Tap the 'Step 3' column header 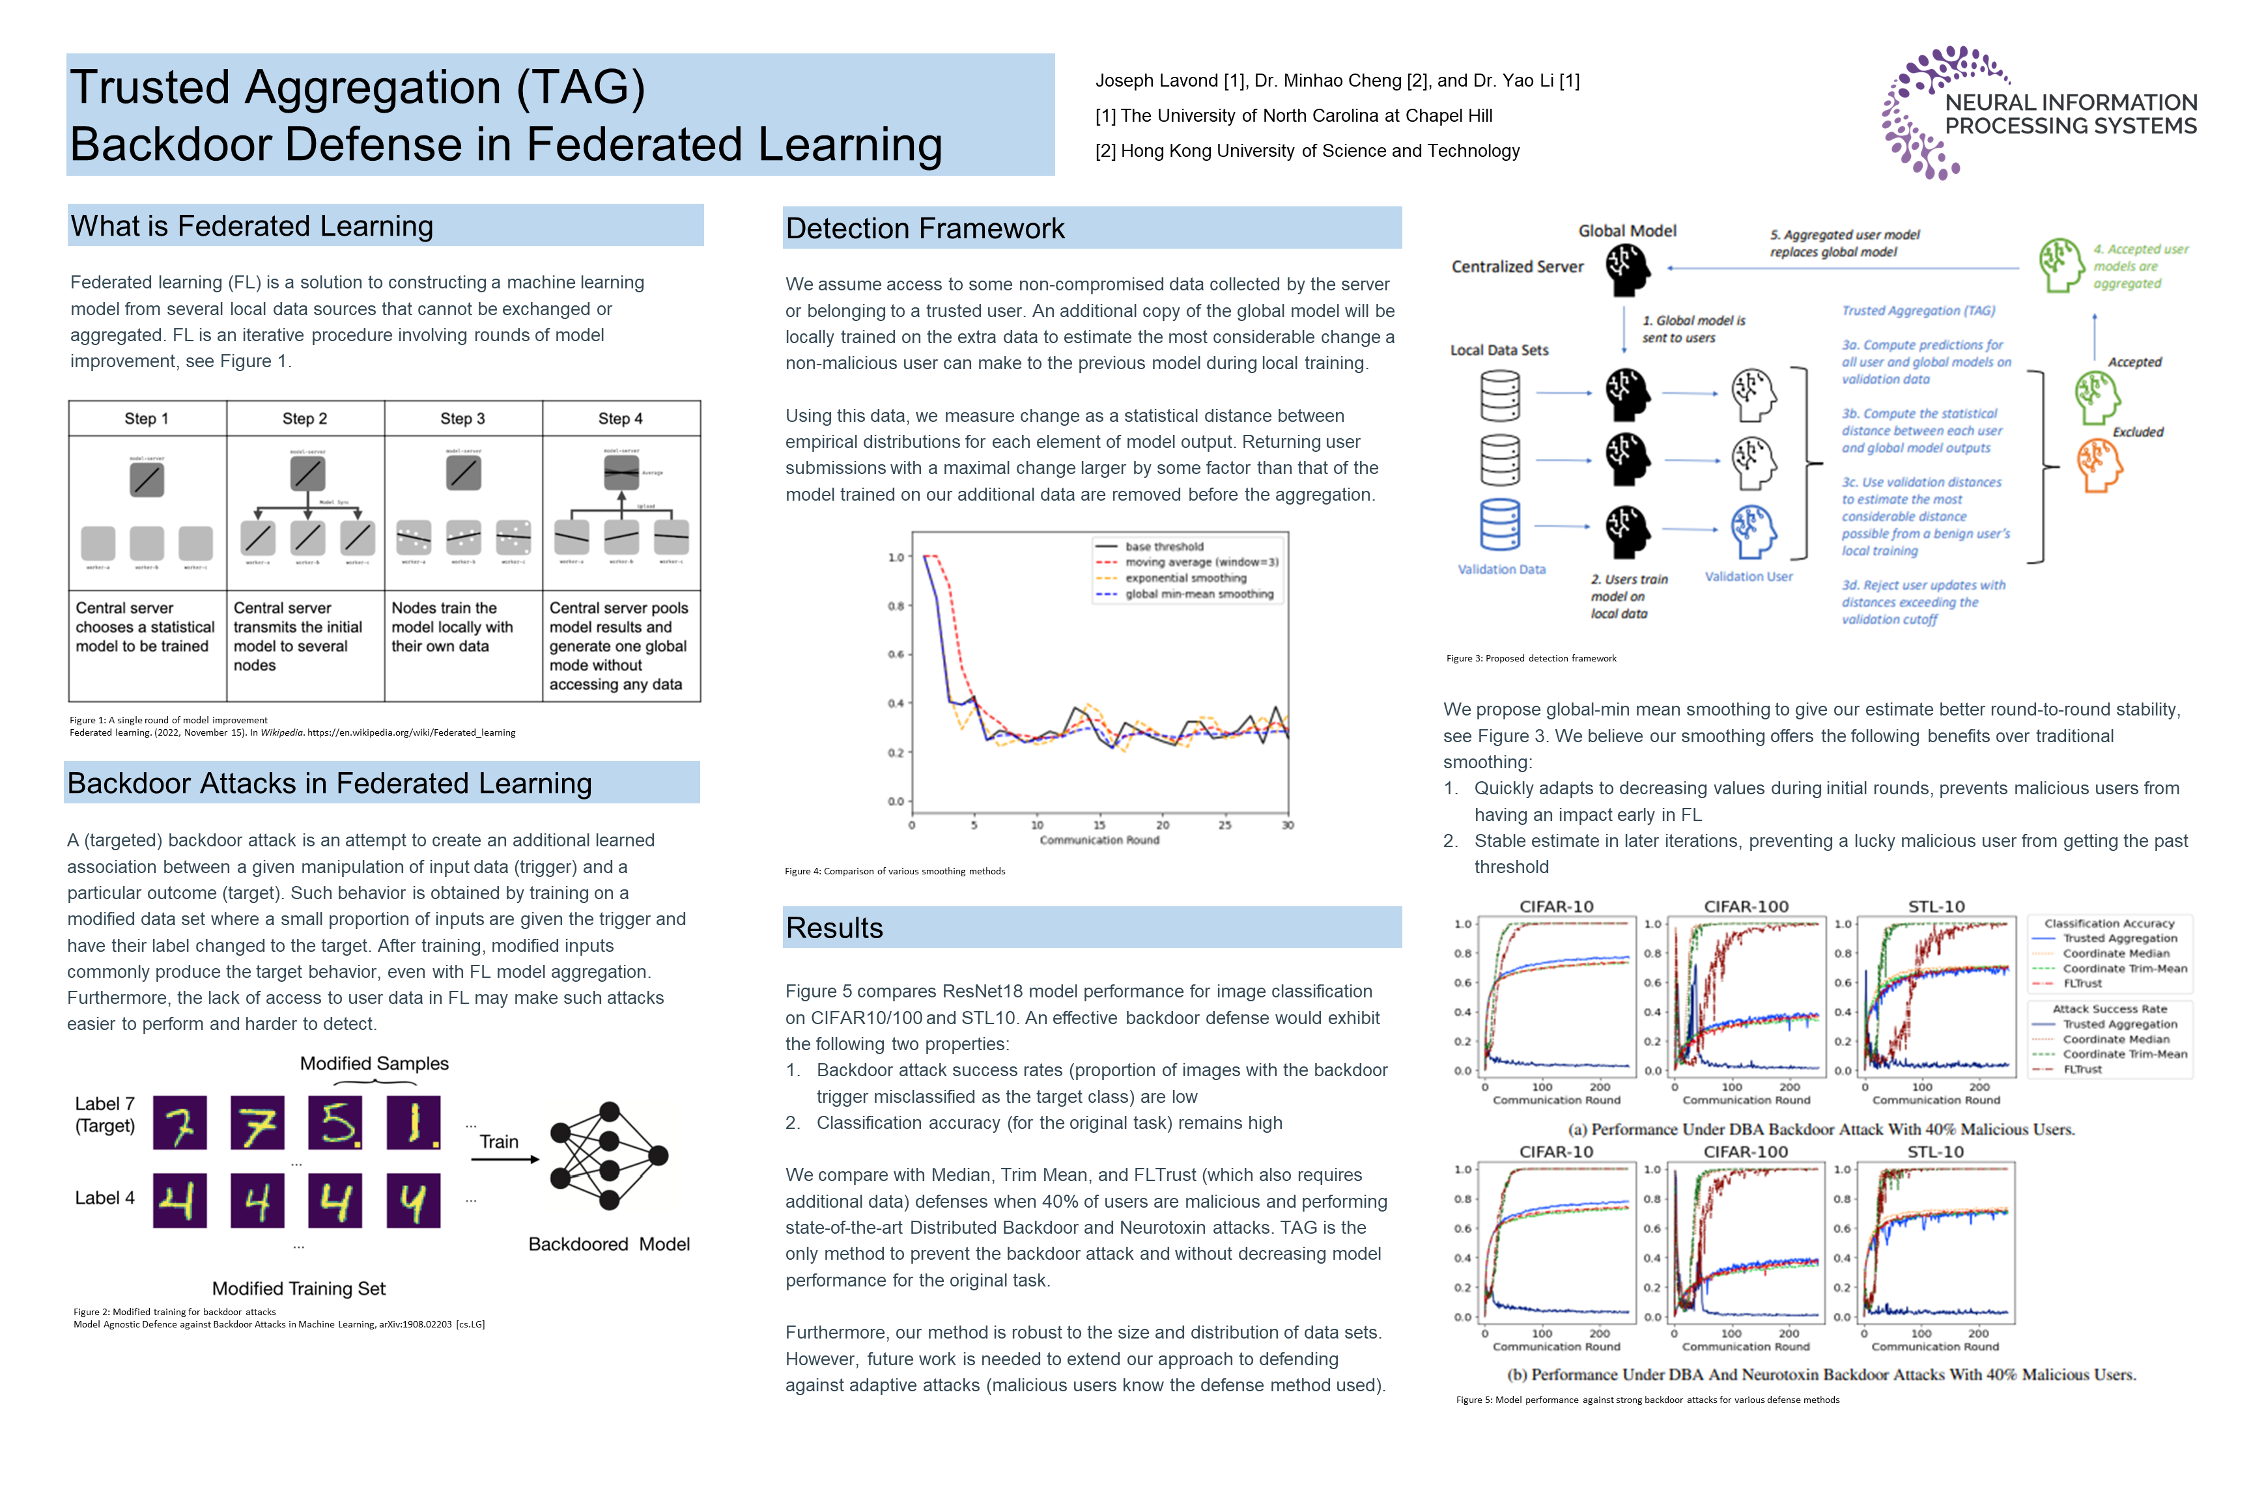click(462, 419)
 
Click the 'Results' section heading click(834, 928)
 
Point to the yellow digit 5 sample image click(335, 1122)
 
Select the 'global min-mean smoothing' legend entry click(1198, 594)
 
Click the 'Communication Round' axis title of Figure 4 click(1099, 840)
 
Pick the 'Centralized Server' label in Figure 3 click(1517, 267)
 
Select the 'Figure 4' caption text click(895, 872)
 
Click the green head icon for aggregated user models click(2061, 265)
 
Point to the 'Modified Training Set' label click(298, 1288)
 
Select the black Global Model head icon click(1627, 268)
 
